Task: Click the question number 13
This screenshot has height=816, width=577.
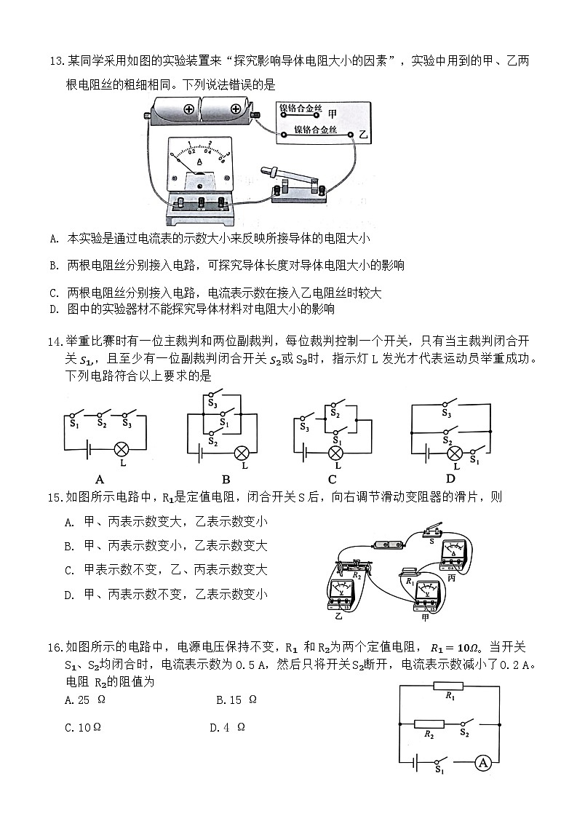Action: point(57,61)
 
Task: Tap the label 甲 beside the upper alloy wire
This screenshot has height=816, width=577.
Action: point(333,113)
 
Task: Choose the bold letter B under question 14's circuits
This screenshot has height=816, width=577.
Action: point(226,478)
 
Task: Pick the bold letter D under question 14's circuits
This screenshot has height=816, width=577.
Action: point(450,478)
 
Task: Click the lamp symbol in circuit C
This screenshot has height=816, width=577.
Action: point(335,453)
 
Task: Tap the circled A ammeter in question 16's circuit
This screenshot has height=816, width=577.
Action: point(482,762)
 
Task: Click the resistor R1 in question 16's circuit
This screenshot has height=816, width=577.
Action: point(448,685)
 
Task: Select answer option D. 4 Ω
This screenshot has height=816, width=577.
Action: point(226,726)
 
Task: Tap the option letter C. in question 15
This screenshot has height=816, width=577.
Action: point(71,570)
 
